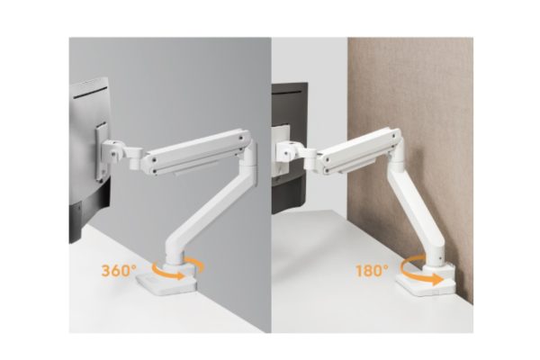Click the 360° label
click(x=119, y=270)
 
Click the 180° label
click(x=372, y=270)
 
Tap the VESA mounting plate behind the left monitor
click(x=103, y=151)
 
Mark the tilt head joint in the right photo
click(x=289, y=150)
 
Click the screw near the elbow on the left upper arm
click(x=240, y=138)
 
